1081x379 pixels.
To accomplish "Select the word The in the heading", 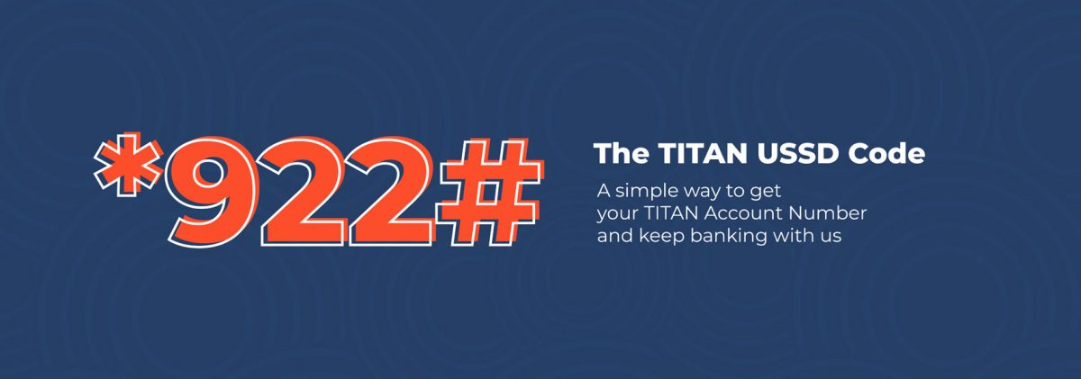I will coord(617,154).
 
